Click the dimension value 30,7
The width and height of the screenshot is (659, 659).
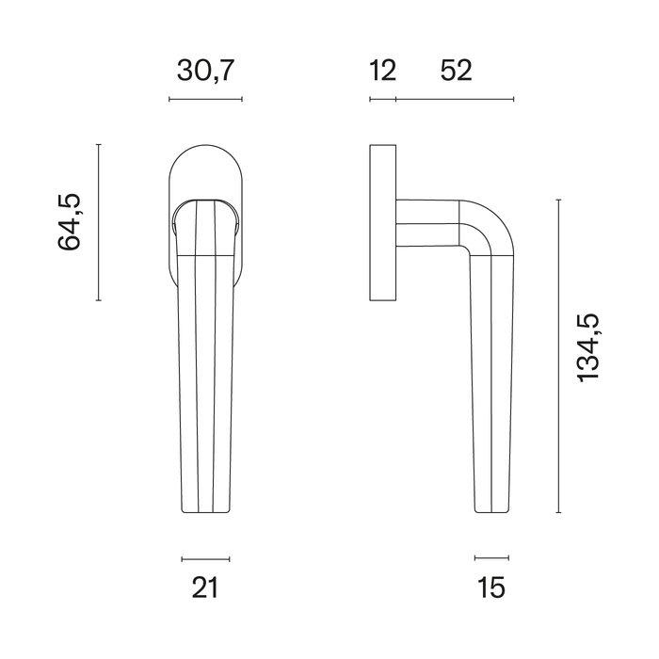205,71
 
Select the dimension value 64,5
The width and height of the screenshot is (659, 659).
71,222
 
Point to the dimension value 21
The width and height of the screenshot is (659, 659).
205,588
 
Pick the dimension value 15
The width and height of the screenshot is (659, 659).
490,588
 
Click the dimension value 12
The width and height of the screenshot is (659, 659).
382,71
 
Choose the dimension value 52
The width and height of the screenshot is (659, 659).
455,71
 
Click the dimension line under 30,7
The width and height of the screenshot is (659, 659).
205,99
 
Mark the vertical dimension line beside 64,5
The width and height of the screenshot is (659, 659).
99,222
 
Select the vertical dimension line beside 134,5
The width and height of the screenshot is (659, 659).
559,356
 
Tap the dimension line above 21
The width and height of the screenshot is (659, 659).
205,558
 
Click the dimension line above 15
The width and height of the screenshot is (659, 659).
490,558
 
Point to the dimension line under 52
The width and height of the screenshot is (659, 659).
455,99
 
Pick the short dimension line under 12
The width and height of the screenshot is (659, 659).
382,99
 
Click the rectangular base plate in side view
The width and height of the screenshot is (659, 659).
382,222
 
